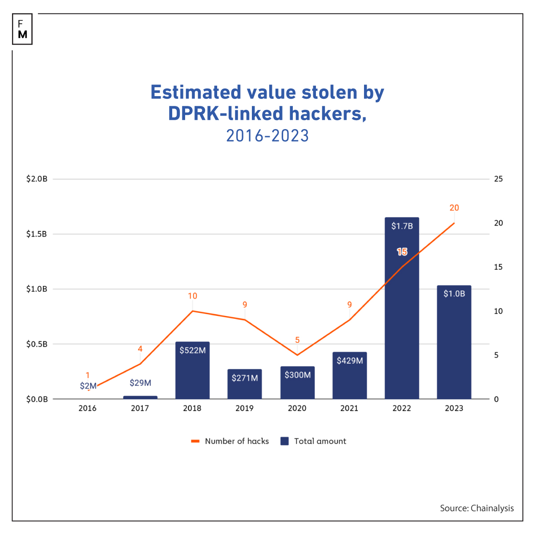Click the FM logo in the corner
tap(23, 29)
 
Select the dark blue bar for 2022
tap(402, 320)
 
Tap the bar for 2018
tap(192, 374)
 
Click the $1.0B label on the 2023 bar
tap(454, 294)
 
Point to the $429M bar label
tap(350, 360)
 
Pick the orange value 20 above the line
tap(454, 208)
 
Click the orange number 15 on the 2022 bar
tap(402, 252)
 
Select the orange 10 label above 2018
tap(192, 296)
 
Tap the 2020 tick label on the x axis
tap(297, 408)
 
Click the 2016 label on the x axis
tap(88, 408)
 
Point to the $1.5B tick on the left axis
tap(36, 234)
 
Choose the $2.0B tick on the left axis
tap(36, 179)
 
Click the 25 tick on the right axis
tap(498, 179)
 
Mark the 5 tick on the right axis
tap(497, 355)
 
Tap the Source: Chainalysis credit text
tap(477, 508)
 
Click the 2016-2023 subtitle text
tap(267, 136)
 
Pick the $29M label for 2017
tap(140, 383)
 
